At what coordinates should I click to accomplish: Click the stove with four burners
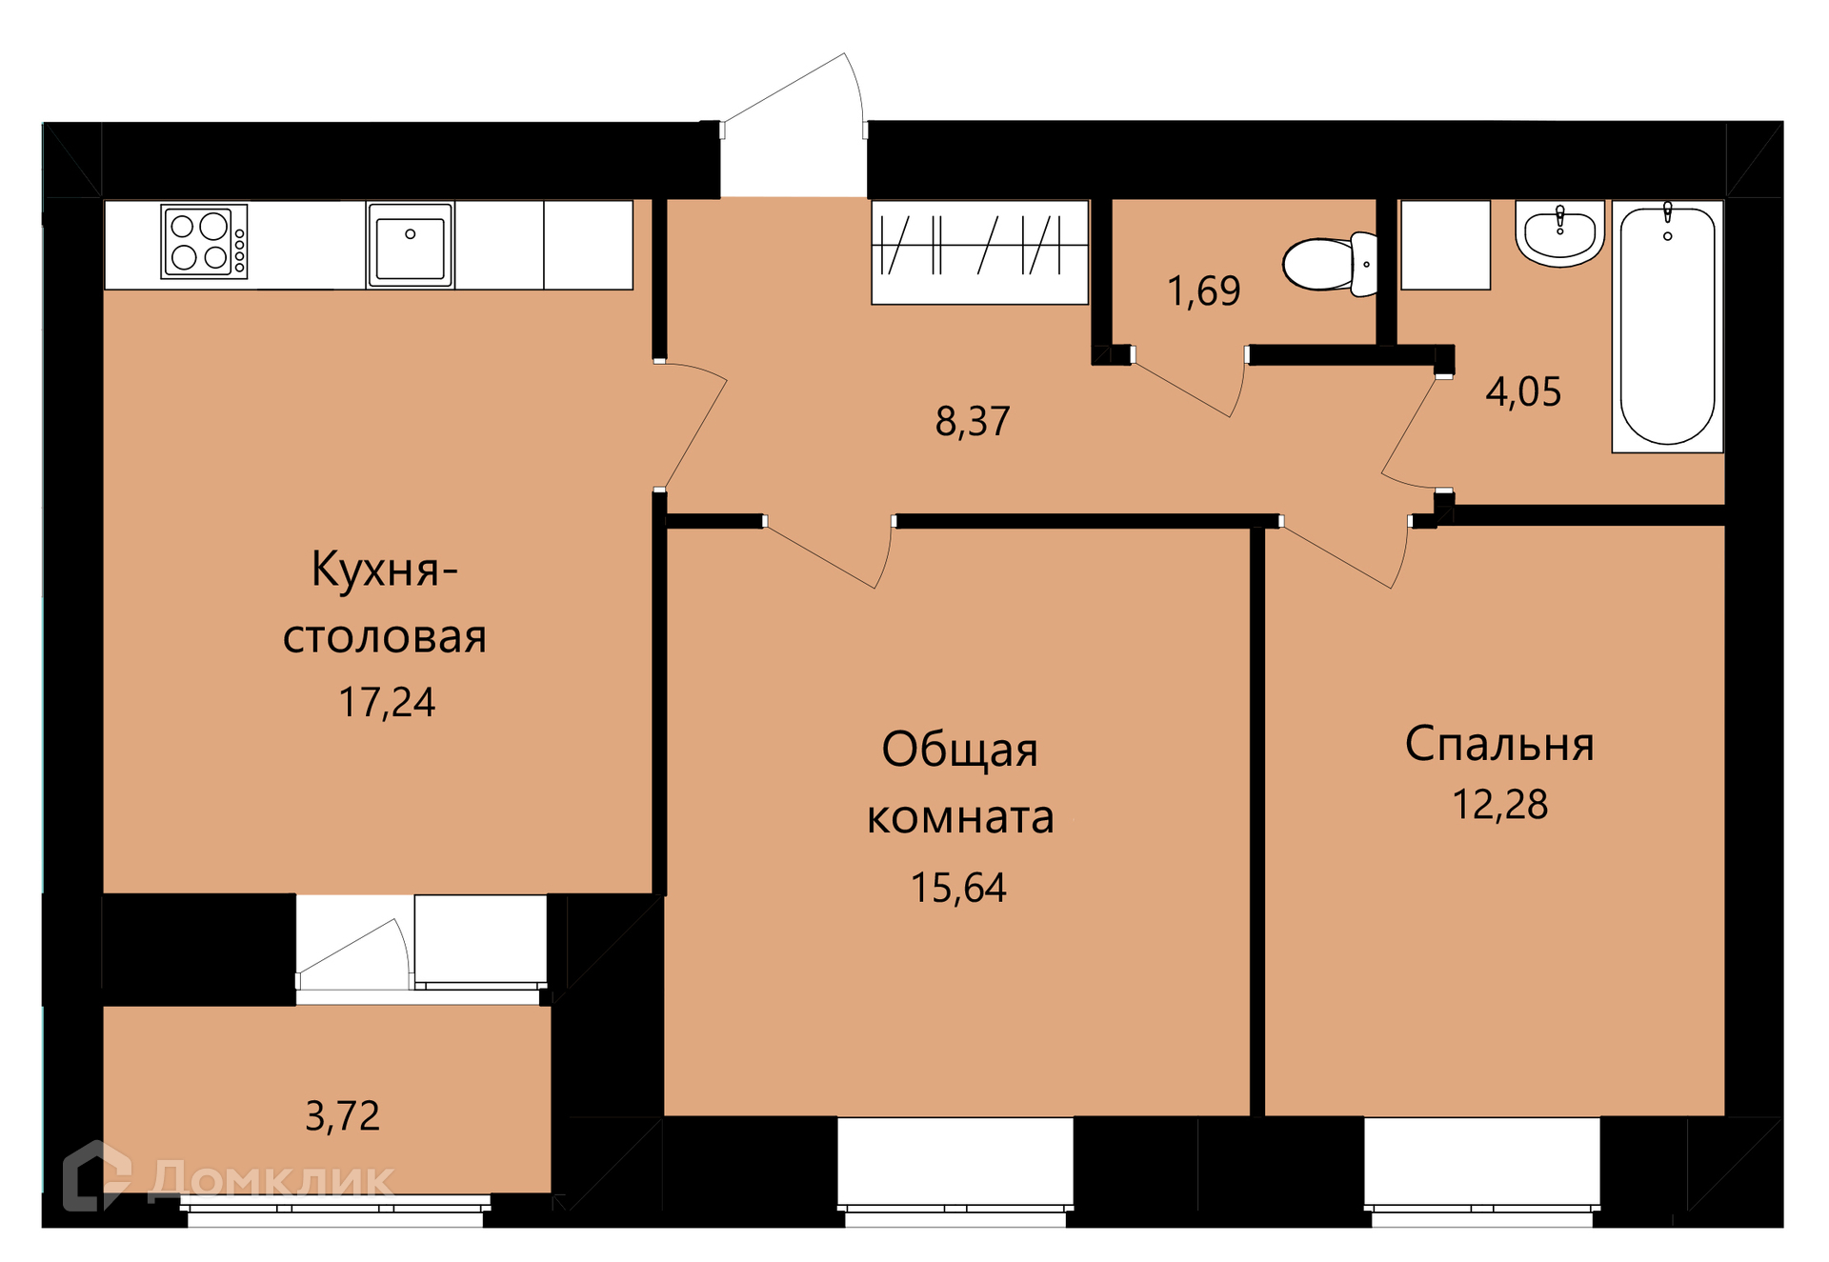click(205, 242)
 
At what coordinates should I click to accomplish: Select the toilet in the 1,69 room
click(1330, 264)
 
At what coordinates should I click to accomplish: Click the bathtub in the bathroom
click(1667, 326)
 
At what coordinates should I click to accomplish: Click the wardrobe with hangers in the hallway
click(979, 252)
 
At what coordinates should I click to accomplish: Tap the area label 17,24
click(387, 703)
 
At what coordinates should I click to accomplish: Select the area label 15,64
click(958, 888)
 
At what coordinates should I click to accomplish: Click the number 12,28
click(1499, 805)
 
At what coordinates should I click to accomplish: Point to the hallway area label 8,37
click(973, 421)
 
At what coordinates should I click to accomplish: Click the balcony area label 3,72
click(342, 1116)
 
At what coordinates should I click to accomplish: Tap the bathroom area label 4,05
click(1523, 391)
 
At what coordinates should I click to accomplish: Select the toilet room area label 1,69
click(1204, 290)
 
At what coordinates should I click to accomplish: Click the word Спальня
click(1499, 744)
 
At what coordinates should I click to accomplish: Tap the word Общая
click(959, 750)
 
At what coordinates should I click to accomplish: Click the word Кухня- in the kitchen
click(385, 570)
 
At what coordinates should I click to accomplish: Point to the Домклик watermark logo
click(229, 1177)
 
